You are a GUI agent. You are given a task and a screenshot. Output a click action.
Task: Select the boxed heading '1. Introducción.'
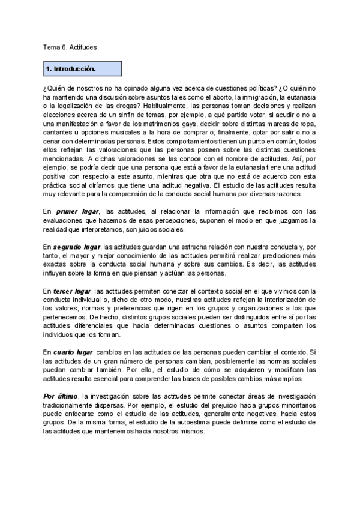tap(71, 70)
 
